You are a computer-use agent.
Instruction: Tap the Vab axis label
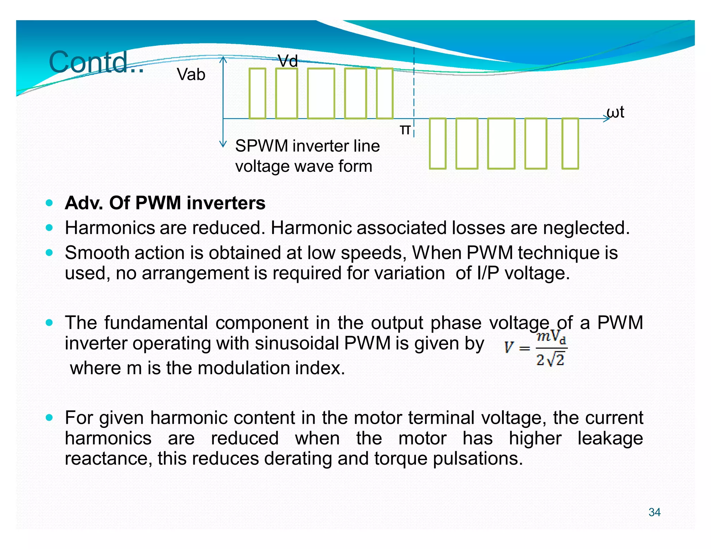pos(191,75)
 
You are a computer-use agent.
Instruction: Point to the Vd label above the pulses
pos(288,61)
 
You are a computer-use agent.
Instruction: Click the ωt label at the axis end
pos(615,112)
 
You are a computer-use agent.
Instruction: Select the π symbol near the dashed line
pos(405,129)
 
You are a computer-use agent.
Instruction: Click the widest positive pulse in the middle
pos(321,93)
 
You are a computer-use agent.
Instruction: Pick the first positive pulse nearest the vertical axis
pos(257,93)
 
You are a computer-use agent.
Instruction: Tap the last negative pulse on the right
pos(570,143)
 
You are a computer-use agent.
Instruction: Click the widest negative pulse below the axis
pos(501,143)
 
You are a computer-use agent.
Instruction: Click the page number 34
pos(654,512)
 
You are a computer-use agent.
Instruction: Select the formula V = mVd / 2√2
pos(535,348)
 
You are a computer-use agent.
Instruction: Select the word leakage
pos(610,438)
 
